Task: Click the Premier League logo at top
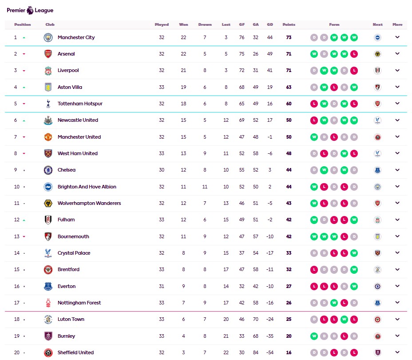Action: tap(30, 10)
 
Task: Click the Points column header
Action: tap(289, 24)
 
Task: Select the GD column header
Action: tap(269, 24)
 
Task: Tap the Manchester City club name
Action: tap(76, 37)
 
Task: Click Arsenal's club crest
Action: tap(48, 54)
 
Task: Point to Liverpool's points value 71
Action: tap(289, 70)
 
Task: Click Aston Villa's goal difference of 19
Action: tap(269, 87)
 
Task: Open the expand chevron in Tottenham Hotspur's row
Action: tap(397, 104)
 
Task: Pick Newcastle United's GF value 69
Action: tap(242, 120)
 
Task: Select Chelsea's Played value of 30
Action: tap(162, 170)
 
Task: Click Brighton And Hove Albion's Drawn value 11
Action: tap(205, 187)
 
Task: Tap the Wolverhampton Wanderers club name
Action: tap(89, 203)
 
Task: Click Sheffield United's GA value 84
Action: tap(255, 352)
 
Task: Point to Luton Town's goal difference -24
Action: tap(269, 319)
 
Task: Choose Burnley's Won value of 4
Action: tap(183, 336)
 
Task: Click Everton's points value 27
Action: tap(289, 286)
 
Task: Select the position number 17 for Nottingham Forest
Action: tap(16, 303)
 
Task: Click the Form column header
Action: tap(334, 24)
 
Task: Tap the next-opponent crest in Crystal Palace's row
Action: tap(377, 253)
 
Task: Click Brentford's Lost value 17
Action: tap(226, 269)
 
